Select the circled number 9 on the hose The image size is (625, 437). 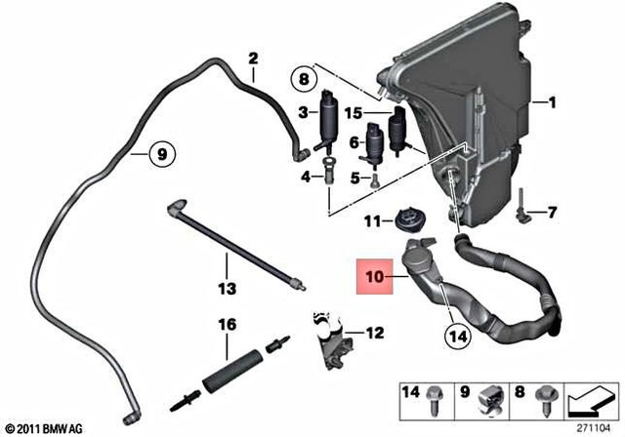coord(162,152)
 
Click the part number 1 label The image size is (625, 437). coord(551,101)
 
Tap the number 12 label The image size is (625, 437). coord(374,333)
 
